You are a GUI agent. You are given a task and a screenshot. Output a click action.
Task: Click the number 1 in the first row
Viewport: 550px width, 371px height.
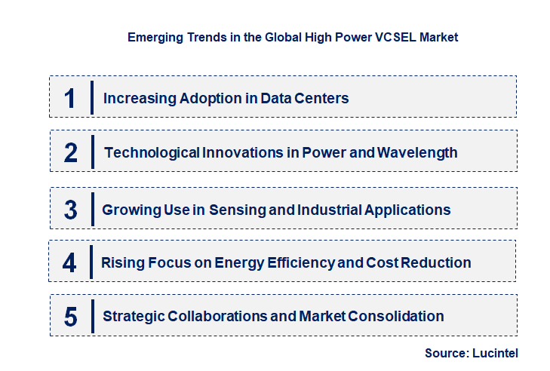pos(70,98)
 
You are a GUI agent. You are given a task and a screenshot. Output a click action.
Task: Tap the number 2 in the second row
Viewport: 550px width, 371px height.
pos(71,152)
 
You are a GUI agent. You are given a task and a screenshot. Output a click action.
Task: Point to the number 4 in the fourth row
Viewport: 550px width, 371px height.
pos(70,262)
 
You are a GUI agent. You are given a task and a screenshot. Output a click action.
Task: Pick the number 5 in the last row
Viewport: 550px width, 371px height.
pos(70,317)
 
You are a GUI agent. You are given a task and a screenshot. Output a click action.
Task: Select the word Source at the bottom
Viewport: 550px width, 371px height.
pos(447,353)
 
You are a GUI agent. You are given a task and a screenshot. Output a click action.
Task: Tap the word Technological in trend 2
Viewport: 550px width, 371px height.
pos(152,152)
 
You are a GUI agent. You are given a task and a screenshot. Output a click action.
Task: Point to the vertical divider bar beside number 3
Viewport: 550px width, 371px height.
pos(91,208)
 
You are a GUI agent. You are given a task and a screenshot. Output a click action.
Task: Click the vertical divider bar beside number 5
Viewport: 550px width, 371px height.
pos(91,315)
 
